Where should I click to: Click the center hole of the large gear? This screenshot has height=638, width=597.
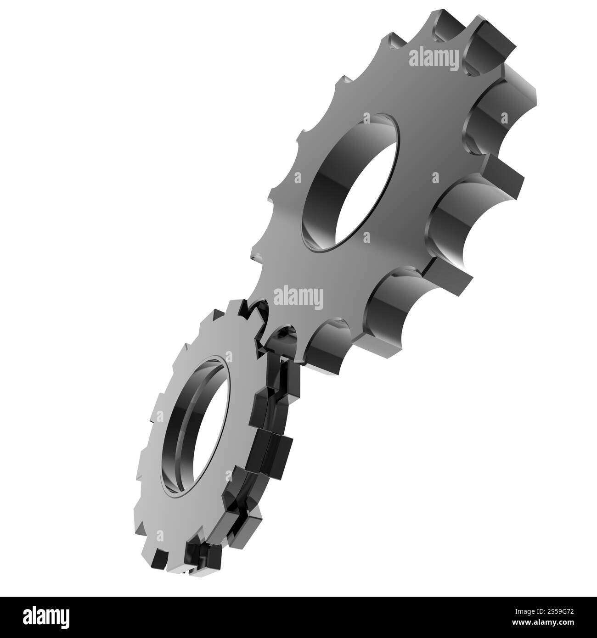click(351, 184)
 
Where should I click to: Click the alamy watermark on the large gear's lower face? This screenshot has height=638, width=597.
click(298, 297)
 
